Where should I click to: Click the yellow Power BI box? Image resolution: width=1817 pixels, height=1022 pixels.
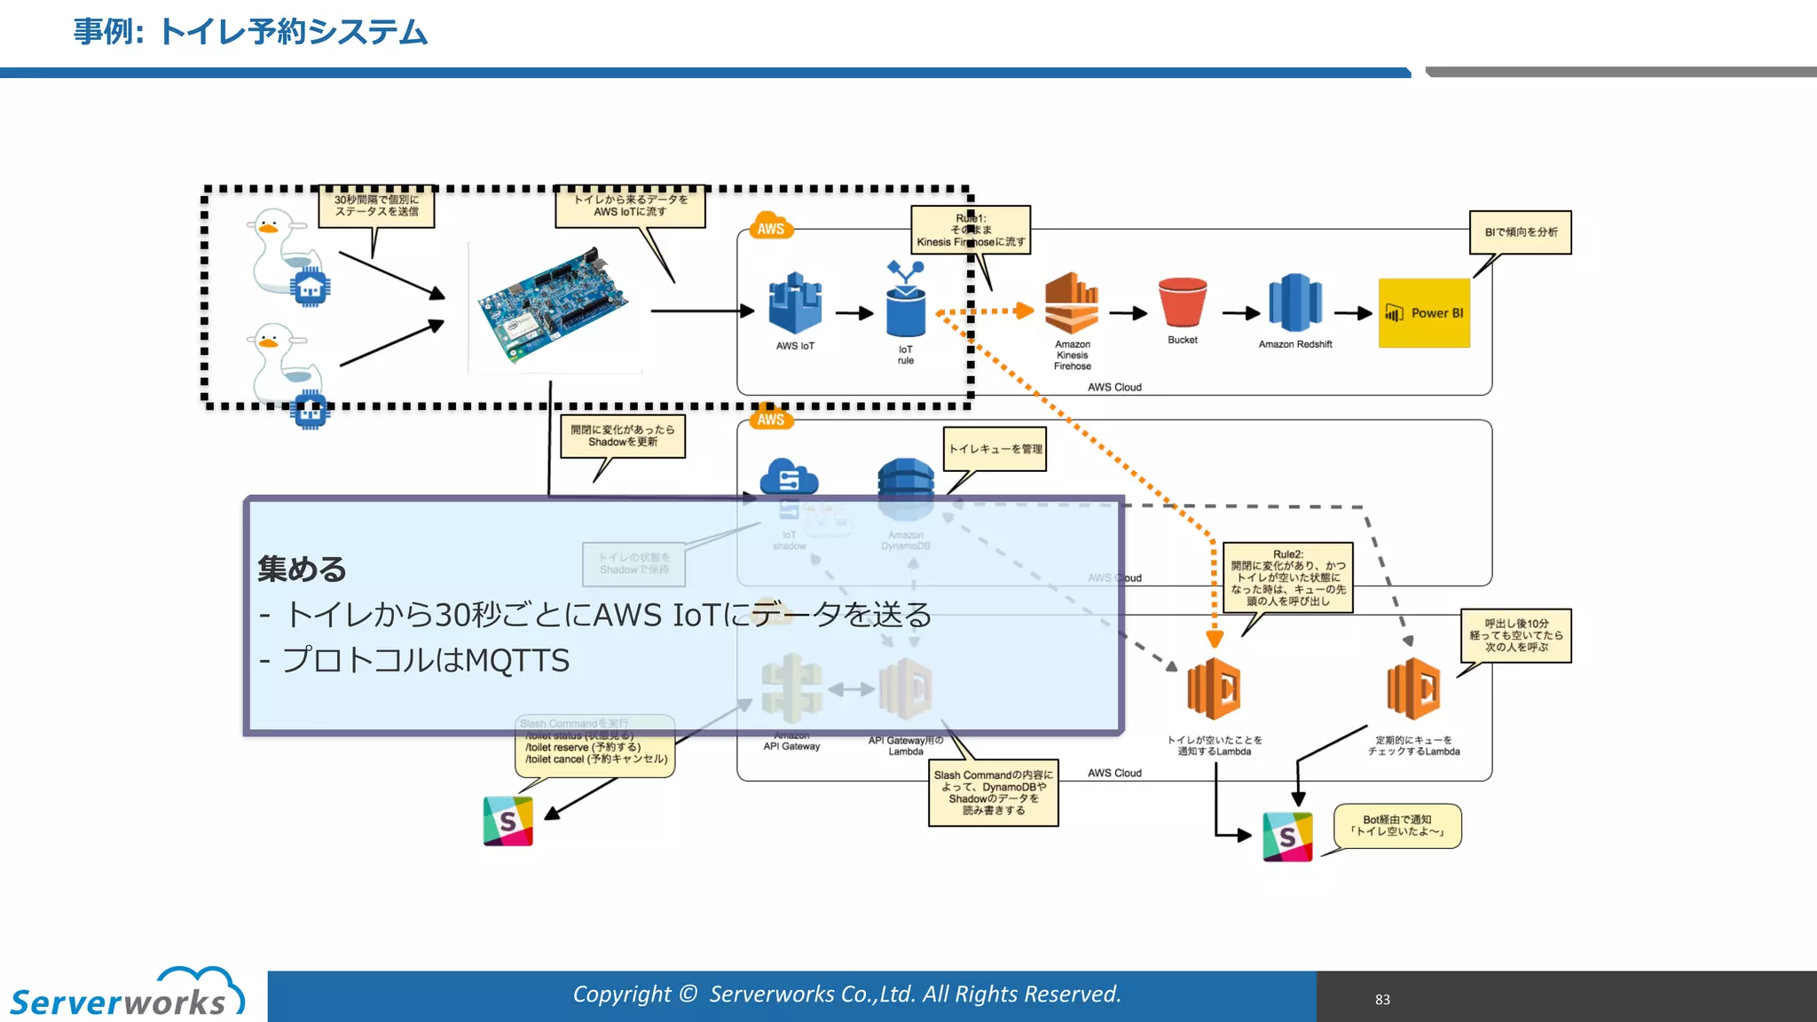point(1423,312)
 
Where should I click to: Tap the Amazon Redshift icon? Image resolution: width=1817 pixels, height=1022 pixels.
point(1294,303)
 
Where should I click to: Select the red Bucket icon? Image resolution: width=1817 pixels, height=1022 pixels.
point(1182,303)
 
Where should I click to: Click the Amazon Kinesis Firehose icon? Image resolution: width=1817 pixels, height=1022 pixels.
point(1072,303)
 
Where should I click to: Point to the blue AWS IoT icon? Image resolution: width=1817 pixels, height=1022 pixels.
point(794,303)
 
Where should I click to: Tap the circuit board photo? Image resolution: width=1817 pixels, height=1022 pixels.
point(554,307)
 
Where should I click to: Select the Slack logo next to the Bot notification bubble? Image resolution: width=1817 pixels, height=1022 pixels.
point(1286,836)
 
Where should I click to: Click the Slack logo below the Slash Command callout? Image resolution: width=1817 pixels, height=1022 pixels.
point(507,821)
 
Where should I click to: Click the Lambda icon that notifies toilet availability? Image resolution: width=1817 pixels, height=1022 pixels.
point(1214,688)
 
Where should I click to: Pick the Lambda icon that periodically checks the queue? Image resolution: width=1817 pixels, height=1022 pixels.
point(1412,688)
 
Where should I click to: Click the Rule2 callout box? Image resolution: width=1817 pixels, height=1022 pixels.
point(1287,578)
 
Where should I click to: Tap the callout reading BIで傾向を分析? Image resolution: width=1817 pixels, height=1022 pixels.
point(1520,232)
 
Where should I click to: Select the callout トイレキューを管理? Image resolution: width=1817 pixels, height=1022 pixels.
point(995,449)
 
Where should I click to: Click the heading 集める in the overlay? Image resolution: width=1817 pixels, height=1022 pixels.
point(302,569)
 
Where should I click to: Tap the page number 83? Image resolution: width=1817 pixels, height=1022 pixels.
point(1382,999)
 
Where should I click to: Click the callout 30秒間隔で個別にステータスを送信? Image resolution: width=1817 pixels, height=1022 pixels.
point(376,206)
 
